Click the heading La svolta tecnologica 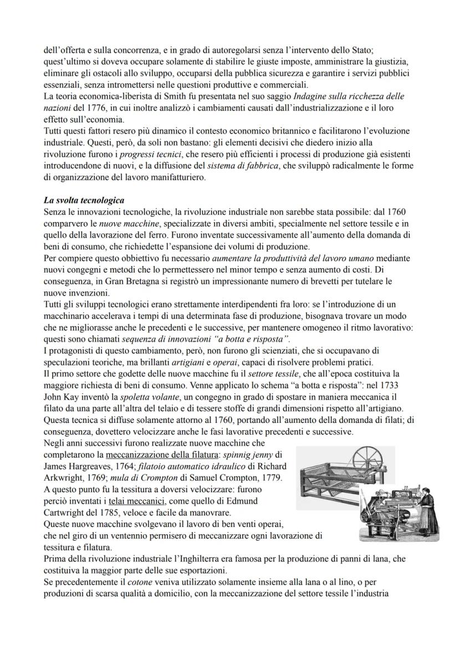84,200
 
